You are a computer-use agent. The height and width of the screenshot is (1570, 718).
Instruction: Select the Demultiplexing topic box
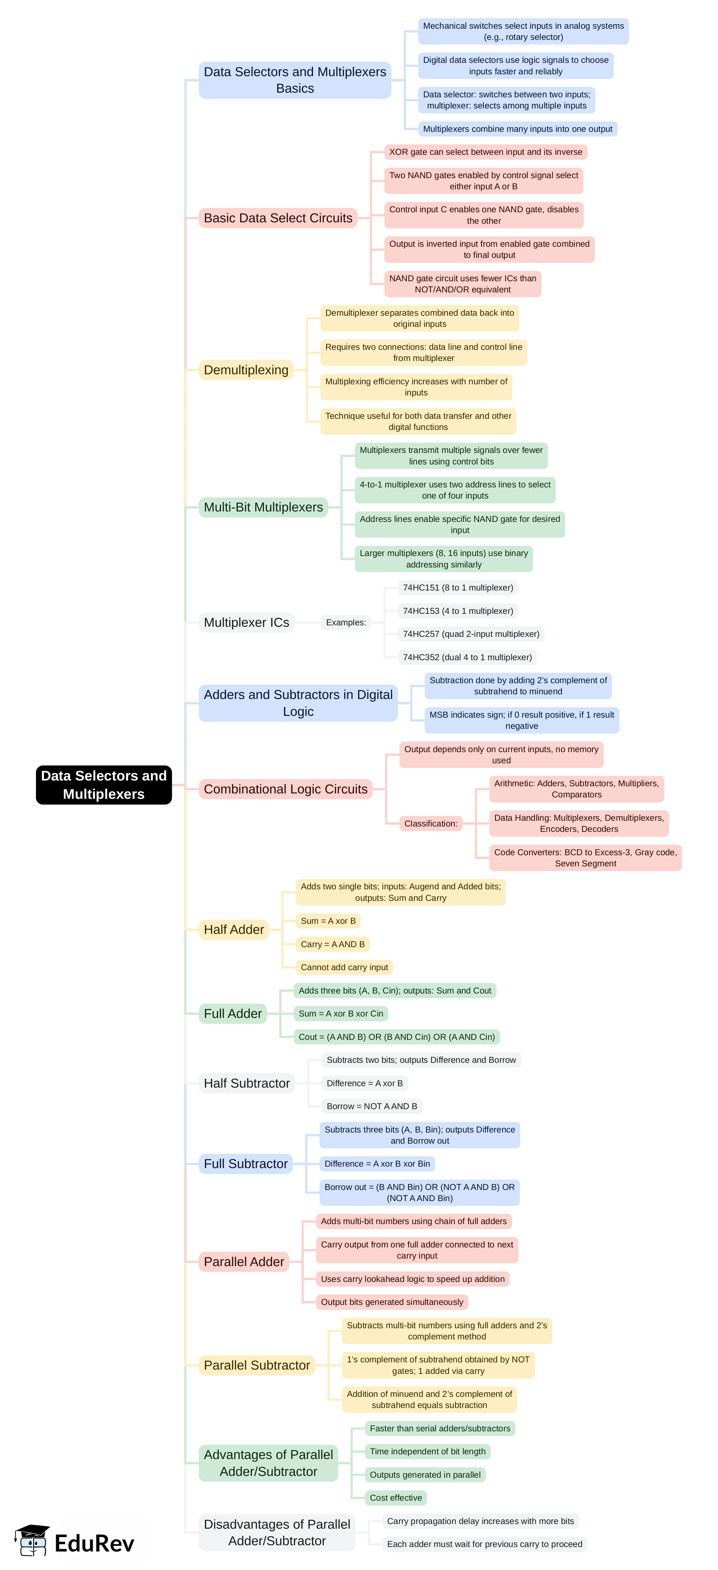[246, 370]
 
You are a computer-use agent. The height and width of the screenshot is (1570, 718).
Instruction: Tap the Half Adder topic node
[234, 930]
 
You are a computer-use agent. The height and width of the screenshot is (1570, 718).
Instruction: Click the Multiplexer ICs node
[246, 622]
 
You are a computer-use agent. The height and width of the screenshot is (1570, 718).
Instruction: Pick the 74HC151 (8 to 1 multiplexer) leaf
[458, 588]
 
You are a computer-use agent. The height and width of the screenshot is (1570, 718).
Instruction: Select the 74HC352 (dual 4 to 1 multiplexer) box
[467, 657]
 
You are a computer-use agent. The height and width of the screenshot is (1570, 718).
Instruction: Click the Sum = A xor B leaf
[328, 921]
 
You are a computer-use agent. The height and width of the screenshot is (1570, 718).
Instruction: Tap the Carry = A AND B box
[333, 944]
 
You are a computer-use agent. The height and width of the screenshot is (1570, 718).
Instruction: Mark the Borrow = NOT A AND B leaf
[371, 1106]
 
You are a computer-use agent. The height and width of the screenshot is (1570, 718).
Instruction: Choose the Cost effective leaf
[395, 1497]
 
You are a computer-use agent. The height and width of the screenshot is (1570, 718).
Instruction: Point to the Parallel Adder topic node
[244, 1261]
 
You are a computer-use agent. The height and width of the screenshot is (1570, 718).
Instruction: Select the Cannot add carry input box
[344, 967]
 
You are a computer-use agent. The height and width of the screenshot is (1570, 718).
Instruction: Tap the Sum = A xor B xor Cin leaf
[340, 1014]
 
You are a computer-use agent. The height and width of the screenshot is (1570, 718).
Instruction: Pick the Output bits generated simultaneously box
[392, 1302]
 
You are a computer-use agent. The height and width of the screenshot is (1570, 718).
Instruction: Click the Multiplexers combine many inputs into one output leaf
[517, 129]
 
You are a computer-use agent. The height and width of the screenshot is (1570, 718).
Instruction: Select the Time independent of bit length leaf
[427, 1451]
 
